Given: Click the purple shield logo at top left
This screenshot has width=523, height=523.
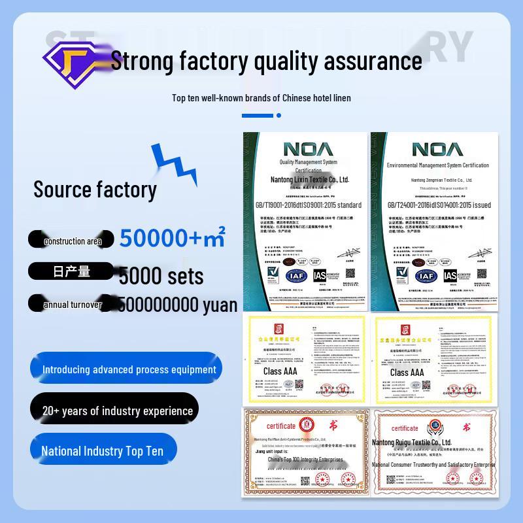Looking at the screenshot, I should pyautogui.click(x=74, y=59).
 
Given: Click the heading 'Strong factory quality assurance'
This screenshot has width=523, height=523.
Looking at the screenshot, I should pyautogui.click(x=266, y=61).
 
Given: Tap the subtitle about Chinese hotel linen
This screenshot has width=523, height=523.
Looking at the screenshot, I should pyautogui.click(x=261, y=98).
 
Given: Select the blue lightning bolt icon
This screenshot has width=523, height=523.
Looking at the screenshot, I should pyautogui.click(x=173, y=165).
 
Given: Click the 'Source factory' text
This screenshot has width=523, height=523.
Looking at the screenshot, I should pyautogui.click(x=95, y=190).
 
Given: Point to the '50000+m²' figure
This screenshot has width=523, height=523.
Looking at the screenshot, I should pyautogui.click(x=173, y=239).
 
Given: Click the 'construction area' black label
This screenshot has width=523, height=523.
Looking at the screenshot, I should pyautogui.click(x=71, y=241).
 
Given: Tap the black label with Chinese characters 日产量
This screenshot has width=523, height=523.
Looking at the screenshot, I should pyautogui.click(x=71, y=271).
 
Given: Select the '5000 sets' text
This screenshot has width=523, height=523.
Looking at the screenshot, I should pyautogui.click(x=161, y=276).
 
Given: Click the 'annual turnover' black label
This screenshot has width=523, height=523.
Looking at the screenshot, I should pyautogui.click(x=71, y=305).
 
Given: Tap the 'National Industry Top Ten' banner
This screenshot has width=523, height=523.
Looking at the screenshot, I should pyautogui.click(x=103, y=451).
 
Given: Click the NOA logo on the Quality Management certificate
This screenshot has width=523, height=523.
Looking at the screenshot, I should pyautogui.click(x=308, y=148).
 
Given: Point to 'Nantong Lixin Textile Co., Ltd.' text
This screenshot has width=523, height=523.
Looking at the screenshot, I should pyautogui.click(x=310, y=179).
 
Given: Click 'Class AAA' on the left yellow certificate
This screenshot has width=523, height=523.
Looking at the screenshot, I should pyautogui.click(x=280, y=371).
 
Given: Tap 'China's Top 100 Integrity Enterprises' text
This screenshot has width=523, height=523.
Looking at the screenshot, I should pyautogui.click(x=306, y=460).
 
